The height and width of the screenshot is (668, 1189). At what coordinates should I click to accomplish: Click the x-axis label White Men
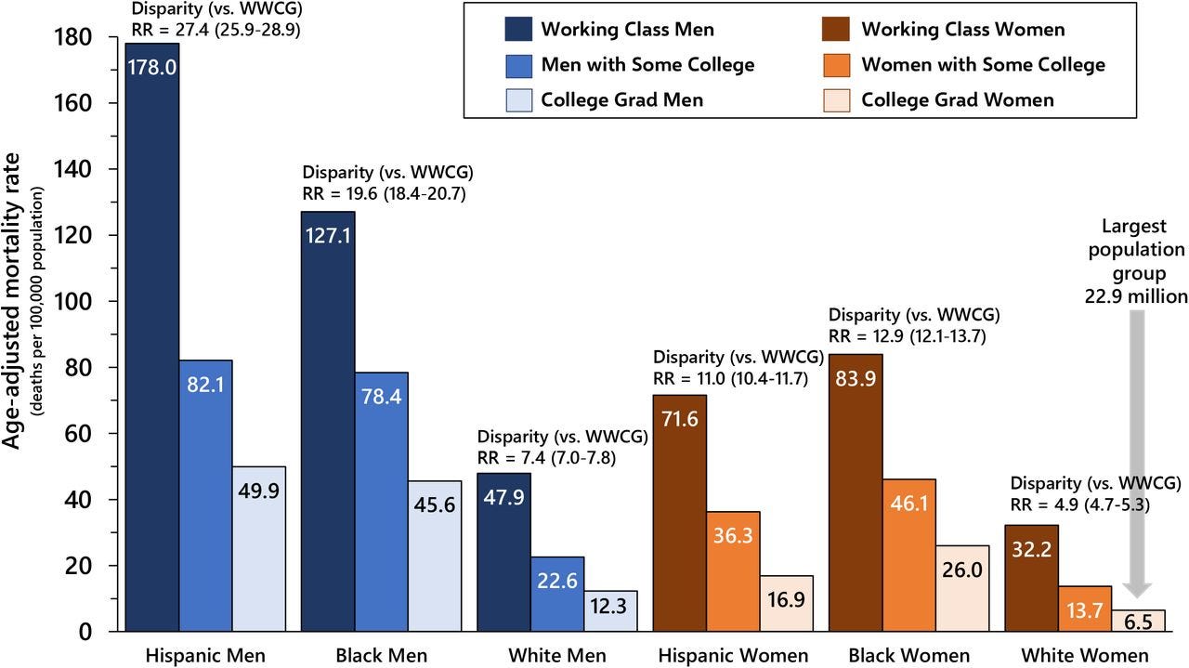[x=556, y=655]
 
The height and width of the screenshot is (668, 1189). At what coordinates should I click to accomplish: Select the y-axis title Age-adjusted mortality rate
[x=13, y=316]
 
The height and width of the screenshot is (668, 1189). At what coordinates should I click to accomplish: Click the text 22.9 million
[x=1136, y=296]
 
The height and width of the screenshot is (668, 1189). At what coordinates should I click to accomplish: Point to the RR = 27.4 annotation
[x=216, y=28]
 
